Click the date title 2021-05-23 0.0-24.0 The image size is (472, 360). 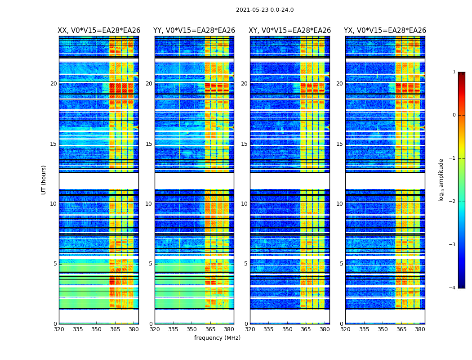coord(265,10)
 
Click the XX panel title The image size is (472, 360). coord(99,31)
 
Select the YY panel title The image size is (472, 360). coord(194,31)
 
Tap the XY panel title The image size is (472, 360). coord(290,31)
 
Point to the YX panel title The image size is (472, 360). coord(385,31)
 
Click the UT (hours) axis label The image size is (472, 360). coord(44,180)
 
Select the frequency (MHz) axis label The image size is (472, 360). coord(217,338)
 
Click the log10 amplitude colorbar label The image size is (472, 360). coord(441,180)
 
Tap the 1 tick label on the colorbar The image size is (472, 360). coord(454,72)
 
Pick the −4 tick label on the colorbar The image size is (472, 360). coord(453,288)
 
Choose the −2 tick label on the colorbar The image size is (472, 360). coord(453,202)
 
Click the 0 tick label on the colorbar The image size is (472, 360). coord(454,115)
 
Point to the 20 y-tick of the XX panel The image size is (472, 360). coord(53,84)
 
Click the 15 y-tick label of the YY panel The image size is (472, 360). coord(149,144)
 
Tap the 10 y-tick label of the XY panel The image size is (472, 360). coord(244,204)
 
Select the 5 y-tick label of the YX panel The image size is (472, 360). coord(341,264)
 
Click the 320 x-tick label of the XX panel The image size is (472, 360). coord(59,329)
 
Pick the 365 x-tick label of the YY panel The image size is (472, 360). coord(210,329)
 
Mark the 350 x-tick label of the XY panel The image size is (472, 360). coord(287,329)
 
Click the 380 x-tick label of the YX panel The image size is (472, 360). coord(420,329)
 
